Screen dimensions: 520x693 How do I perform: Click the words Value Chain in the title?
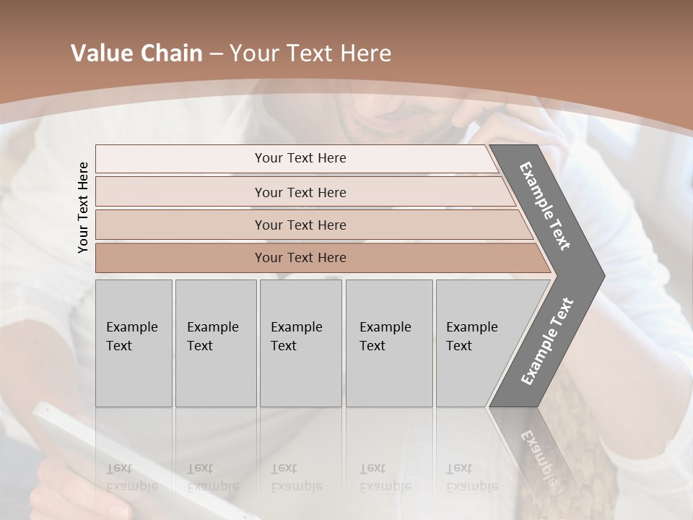tap(136, 53)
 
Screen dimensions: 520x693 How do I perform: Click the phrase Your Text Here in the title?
tap(310, 53)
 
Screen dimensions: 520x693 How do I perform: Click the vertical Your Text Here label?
tap(83, 207)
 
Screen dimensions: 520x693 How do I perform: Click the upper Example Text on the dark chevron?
tap(545, 206)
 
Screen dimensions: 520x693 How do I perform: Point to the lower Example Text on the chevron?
tap(546, 341)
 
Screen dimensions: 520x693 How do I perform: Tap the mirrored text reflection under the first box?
tap(131, 477)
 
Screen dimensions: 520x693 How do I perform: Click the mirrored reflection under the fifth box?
tap(471, 477)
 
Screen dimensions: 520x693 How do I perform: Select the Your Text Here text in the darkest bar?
tap(300, 258)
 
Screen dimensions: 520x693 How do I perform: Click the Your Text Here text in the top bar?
tap(300, 158)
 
